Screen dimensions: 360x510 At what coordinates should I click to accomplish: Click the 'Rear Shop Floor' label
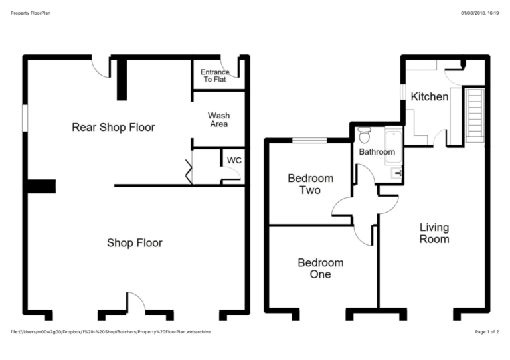pyautogui.click(x=113, y=127)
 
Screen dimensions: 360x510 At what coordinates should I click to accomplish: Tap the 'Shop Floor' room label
pyautogui.click(x=135, y=243)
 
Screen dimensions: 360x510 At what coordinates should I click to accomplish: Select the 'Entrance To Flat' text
pyautogui.click(x=216, y=76)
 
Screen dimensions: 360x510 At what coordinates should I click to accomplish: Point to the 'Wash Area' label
pyautogui.click(x=218, y=120)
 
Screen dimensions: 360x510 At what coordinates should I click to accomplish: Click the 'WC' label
pyautogui.click(x=234, y=161)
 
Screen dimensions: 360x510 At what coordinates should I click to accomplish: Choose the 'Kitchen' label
pyautogui.click(x=430, y=97)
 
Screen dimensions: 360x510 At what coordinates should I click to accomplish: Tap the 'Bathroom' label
pyautogui.click(x=377, y=152)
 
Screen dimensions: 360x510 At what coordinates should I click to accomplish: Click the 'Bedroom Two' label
pyautogui.click(x=310, y=184)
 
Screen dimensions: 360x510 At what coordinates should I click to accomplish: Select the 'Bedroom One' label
pyautogui.click(x=321, y=268)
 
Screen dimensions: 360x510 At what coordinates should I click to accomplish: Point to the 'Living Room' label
pyautogui.click(x=434, y=233)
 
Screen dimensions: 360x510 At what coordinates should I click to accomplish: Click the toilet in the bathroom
pyautogui.click(x=363, y=136)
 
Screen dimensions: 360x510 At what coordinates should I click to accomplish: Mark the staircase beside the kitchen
pyautogui.click(x=474, y=114)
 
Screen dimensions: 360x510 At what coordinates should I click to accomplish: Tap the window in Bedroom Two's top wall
pyautogui.click(x=310, y=140)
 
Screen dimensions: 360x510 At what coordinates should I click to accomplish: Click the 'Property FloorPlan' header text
pyautogui.click(x=33, y=13)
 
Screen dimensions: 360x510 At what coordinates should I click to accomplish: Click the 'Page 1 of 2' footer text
pyautogui.click(x=487, y=331)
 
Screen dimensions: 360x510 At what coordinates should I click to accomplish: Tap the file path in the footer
pyautogui.click(x=111, y=331)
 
